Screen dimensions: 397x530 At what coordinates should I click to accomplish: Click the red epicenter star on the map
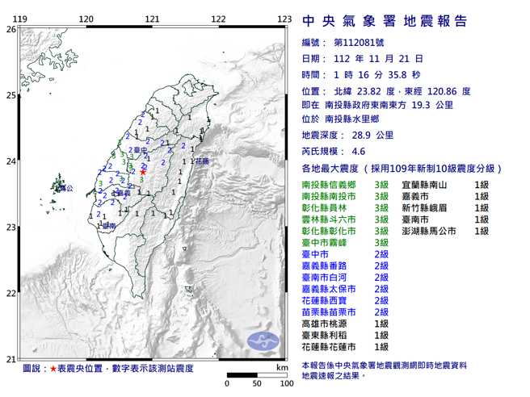point(143,171)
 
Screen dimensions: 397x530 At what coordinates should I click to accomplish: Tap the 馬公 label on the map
point(67,188)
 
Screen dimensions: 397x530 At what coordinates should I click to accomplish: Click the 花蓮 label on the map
point(202,161)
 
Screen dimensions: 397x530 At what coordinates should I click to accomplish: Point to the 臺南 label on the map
point(109,228)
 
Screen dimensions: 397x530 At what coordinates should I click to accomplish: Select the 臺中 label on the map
point(139,151)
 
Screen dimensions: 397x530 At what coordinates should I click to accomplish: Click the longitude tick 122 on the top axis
point(217,19)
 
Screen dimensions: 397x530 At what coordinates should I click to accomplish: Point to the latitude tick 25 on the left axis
point(10,95)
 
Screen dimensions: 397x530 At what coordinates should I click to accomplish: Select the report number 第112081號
point(357,42)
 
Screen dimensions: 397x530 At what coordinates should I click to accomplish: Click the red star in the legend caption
point(53,368)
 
